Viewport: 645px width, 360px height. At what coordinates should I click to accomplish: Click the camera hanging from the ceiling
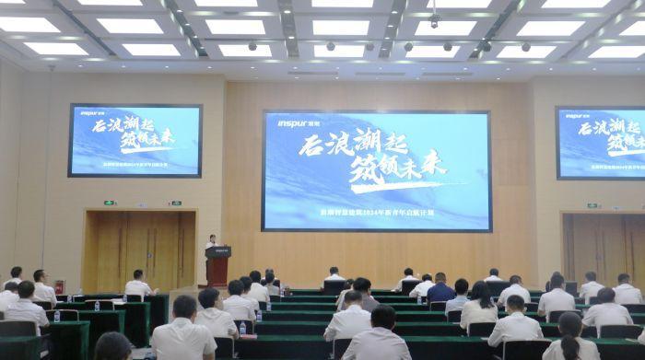434,19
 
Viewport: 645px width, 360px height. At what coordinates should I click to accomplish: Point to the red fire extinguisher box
59,286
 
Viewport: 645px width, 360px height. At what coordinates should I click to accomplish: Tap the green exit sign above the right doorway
592,205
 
